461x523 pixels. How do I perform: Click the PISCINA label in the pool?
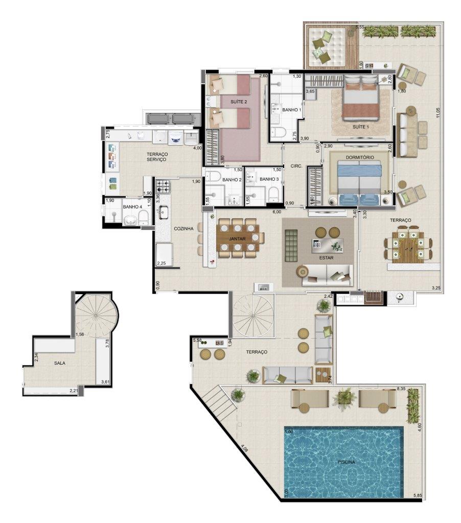click(346, 462)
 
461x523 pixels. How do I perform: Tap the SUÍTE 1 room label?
click(361, 127)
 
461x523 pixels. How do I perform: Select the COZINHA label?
click(183, 229)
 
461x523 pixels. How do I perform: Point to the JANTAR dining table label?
click(237, 239)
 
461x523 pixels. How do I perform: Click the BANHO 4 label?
click(132, 207)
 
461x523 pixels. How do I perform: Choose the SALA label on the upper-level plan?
click(60, 363)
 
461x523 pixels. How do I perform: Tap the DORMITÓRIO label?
click(360, 157)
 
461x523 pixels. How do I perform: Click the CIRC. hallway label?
click(296, 166)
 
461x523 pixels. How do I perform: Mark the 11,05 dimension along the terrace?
click(438, 115)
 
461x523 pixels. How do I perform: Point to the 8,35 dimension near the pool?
click(401, 389)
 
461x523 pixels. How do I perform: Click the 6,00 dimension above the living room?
click(276, 211)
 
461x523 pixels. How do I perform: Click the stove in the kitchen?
click(163, 186)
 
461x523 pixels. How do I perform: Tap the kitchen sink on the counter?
click(163, 212)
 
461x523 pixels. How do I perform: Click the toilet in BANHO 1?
click(278, 132)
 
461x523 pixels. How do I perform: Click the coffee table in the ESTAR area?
click(328, 246)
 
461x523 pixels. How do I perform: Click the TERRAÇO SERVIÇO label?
click(157, 157)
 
